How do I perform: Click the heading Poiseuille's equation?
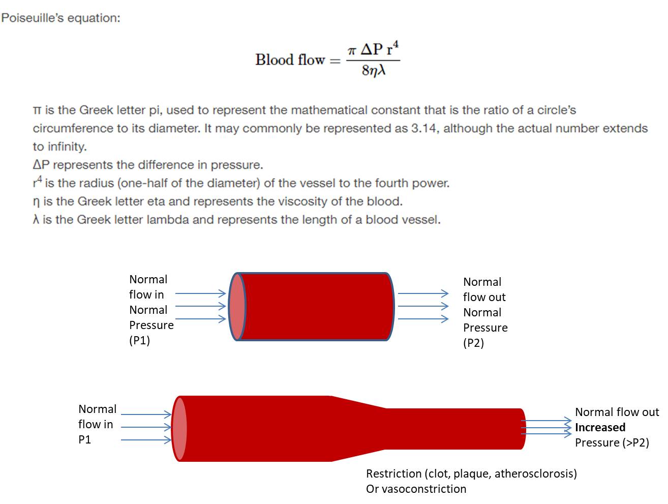point(60,18)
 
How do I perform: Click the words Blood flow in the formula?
point(290,60)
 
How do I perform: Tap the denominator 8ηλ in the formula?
point(374,71)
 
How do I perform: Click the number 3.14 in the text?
point(424,128)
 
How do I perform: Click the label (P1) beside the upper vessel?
point(139,340)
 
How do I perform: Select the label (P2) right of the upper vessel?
point(473,343)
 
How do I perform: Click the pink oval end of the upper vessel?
point(237,307)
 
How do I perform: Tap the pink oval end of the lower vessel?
point(179,429)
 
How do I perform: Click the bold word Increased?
point(600,427)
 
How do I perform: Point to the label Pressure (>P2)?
point(612,442)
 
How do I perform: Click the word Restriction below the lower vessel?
point(393,473)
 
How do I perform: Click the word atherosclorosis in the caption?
point(535,473)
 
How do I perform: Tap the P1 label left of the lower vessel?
point(84,439)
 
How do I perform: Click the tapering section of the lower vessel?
point(358,429)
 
